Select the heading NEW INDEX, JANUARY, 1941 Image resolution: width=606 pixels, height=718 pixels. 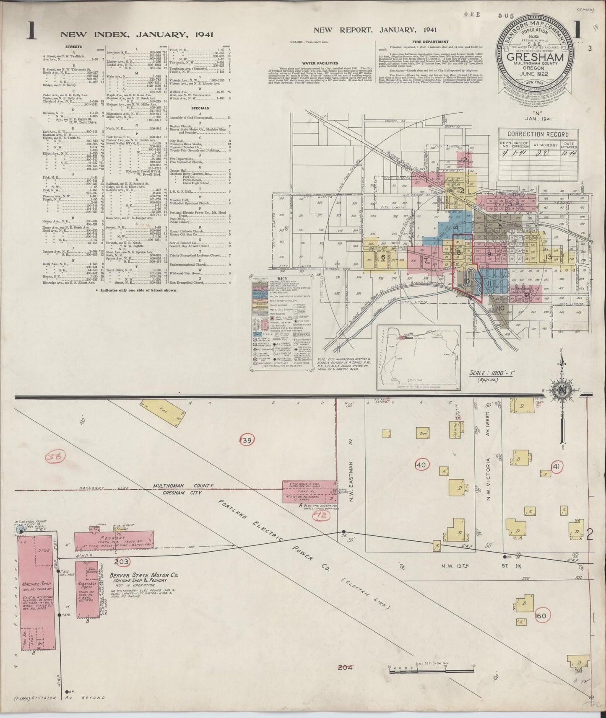click(137, 34)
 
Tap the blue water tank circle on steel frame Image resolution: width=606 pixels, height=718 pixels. click(20, 530)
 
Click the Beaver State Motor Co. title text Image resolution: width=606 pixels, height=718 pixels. click(144, 575)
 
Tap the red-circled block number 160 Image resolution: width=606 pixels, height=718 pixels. click(541, 616)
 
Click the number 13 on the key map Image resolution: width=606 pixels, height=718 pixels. click(549, 257)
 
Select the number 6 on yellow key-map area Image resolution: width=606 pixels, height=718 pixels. click(382, 257)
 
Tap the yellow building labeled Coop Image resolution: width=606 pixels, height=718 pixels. click(422, 433)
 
